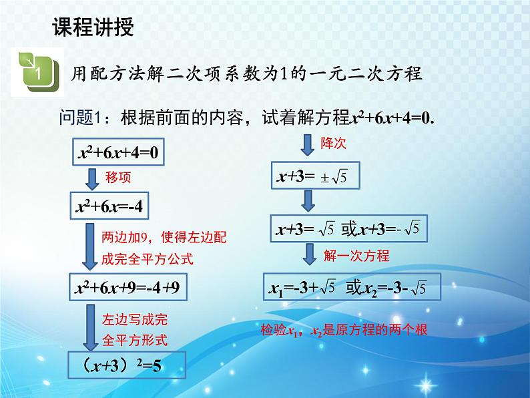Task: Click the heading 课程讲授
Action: pyautogui.click(x=93, y=27)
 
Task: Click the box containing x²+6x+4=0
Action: pyautogui.click(x=118, y=152)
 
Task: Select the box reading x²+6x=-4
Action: pyautogui.click(x=109, y=208)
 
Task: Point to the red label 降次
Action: pyautogui.click(x=333, y=143)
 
